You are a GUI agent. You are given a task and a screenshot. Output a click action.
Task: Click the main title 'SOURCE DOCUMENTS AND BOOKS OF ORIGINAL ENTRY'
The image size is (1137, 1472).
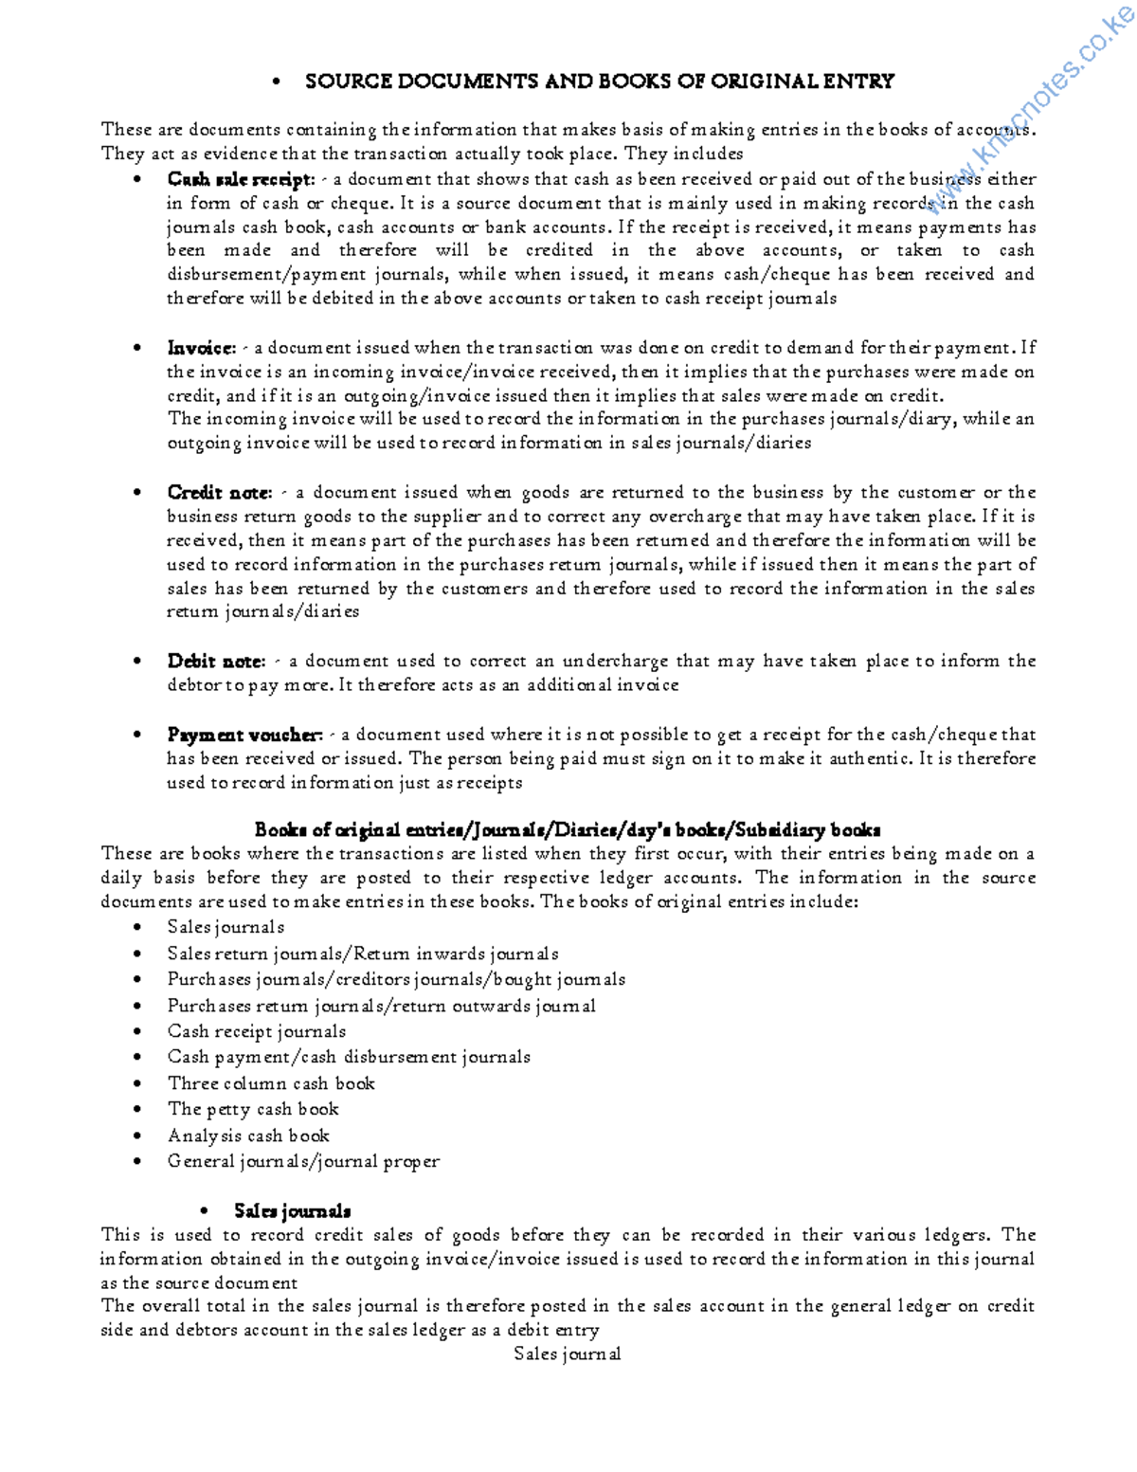(599, 82)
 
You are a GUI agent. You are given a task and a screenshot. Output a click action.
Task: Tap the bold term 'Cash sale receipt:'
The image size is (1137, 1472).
(240, 179)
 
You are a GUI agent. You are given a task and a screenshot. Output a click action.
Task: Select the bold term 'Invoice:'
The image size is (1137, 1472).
(201, 348)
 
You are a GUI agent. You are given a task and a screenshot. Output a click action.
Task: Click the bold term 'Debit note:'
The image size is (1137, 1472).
(215, 662)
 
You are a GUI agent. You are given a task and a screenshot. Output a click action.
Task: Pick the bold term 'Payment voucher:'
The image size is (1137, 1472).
(244, 735)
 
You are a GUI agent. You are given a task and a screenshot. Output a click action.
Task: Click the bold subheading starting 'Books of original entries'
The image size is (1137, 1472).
(568, 830)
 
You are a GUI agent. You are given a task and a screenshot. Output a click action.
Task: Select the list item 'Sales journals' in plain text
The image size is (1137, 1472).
(226, 927)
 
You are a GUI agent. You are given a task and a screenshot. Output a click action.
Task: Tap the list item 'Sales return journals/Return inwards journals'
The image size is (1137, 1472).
(363, 954)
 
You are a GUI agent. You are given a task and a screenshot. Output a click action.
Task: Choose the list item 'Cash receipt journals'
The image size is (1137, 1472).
(257, 1031)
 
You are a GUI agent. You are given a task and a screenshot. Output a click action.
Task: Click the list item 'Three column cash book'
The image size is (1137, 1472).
(271, 1083)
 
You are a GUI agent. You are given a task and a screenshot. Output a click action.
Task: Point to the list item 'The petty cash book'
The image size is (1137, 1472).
(253, 1109)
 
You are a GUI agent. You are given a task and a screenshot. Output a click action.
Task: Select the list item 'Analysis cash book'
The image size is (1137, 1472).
(248, 1136)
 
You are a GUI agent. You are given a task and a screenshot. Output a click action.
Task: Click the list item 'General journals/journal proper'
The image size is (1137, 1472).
(303, 1161)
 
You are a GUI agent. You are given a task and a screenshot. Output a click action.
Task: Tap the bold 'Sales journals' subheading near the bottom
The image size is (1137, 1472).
(292, 1211)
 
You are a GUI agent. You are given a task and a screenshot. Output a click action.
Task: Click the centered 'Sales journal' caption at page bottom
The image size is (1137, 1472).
(567, 1354)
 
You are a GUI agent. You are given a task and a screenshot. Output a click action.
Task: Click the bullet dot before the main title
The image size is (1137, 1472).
(277, 82)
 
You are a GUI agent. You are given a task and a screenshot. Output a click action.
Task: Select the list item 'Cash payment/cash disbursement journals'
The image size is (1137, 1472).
(349, 1057)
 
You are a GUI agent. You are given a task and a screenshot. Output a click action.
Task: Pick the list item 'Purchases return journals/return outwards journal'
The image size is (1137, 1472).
(381, 1006)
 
